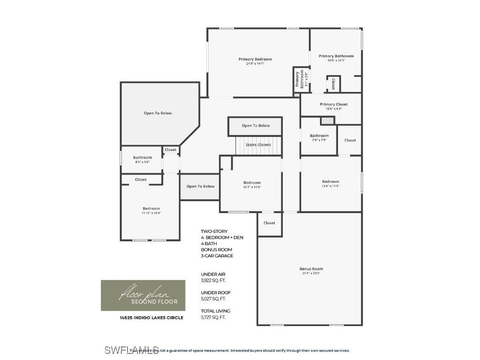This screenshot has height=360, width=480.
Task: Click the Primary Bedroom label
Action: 255,59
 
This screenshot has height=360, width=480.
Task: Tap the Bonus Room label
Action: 311,269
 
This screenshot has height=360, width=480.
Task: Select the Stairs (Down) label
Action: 258,145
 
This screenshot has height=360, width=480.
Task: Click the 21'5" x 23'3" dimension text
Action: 311,273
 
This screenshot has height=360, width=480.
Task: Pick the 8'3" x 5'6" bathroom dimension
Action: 142,162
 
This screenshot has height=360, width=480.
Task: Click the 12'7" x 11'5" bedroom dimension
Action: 252,187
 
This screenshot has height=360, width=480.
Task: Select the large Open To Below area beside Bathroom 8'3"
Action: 157,113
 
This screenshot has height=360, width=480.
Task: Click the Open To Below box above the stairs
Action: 255,126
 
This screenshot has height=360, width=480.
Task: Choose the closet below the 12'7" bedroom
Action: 269,223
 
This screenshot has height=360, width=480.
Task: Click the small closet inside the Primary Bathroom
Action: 333,84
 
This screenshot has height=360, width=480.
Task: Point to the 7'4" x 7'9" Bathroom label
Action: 319,136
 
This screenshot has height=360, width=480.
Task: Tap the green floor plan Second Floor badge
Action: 143,295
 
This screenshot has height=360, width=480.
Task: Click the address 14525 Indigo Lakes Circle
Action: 151,318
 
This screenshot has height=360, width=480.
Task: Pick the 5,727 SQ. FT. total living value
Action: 213,317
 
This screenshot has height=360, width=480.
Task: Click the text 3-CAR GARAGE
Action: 217,256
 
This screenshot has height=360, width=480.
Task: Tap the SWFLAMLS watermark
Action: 131,350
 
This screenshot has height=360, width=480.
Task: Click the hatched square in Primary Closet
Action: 328,120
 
